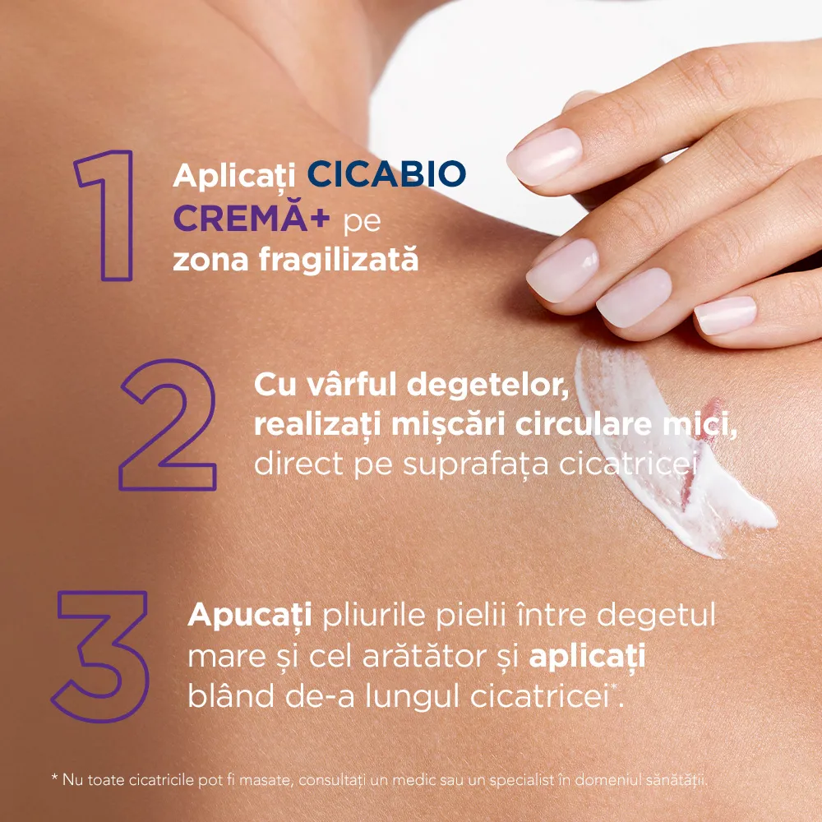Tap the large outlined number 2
[x=169, y=425]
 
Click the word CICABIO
[x=387, y=174]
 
